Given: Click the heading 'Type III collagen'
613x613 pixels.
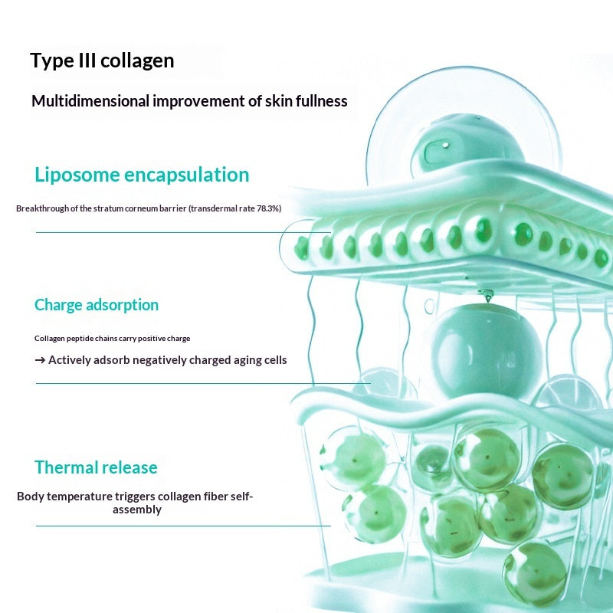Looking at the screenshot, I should pyautogui.click(x=102, y=61).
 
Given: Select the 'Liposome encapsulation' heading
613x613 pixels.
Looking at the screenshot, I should pyautogui.click(x=142, y=175).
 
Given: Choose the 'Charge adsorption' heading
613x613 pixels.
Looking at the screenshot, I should pyautogui.click(x=97, y=305).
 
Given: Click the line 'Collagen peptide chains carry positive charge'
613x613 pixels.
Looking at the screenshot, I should pyautogui.click(x=112, y=338).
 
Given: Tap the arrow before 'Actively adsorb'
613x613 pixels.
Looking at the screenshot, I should pyautogui.click(x=40, y=359).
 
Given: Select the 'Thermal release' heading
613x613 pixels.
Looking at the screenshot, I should pyautogui.click(x=96, y=467).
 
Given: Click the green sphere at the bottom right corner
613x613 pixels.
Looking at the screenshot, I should pyautogui.click(x=535, y=572).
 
